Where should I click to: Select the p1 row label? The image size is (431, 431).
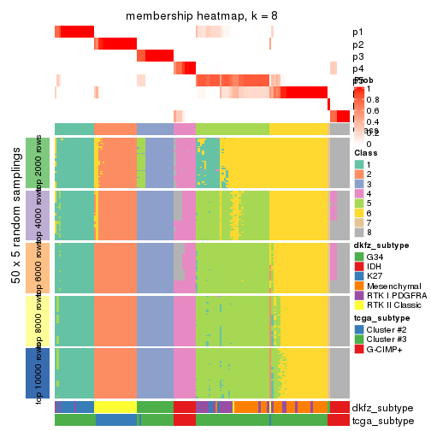pos(358,32)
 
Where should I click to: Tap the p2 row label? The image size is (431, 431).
pos(358,44)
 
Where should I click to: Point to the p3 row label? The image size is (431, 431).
pos(358,56)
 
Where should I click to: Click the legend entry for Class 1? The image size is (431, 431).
pos(370,163)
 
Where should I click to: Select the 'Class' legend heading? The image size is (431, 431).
pos(366,152)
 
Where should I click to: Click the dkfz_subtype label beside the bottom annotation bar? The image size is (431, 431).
pos(382,407)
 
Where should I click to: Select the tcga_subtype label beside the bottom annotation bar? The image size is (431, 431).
pos(382,420)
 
